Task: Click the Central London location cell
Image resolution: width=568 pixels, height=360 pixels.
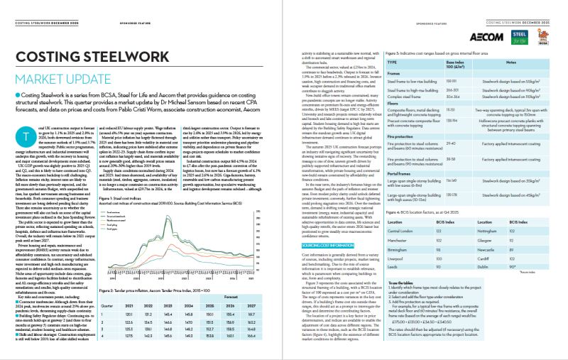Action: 405,231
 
